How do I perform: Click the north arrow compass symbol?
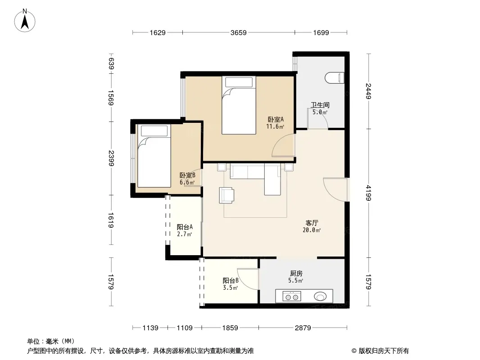25,21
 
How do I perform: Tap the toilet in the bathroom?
335,78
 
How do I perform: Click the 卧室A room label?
276,119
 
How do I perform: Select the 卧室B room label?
187,175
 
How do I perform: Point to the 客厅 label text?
312,223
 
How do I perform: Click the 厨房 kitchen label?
296,274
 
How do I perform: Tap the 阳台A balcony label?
185,227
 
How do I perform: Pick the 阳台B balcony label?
231,280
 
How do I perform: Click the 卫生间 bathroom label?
320,105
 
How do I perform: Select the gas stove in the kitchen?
291,297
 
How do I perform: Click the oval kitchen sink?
320,296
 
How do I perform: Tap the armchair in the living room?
226,195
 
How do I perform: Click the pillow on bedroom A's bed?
239,82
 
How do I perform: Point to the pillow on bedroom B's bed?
154,130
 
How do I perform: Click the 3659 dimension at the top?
239,32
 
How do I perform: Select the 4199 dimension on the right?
368,193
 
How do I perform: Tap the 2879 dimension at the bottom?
303,328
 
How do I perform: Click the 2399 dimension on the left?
111,158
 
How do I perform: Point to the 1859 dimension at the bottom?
230,328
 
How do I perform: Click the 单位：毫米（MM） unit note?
51,341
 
